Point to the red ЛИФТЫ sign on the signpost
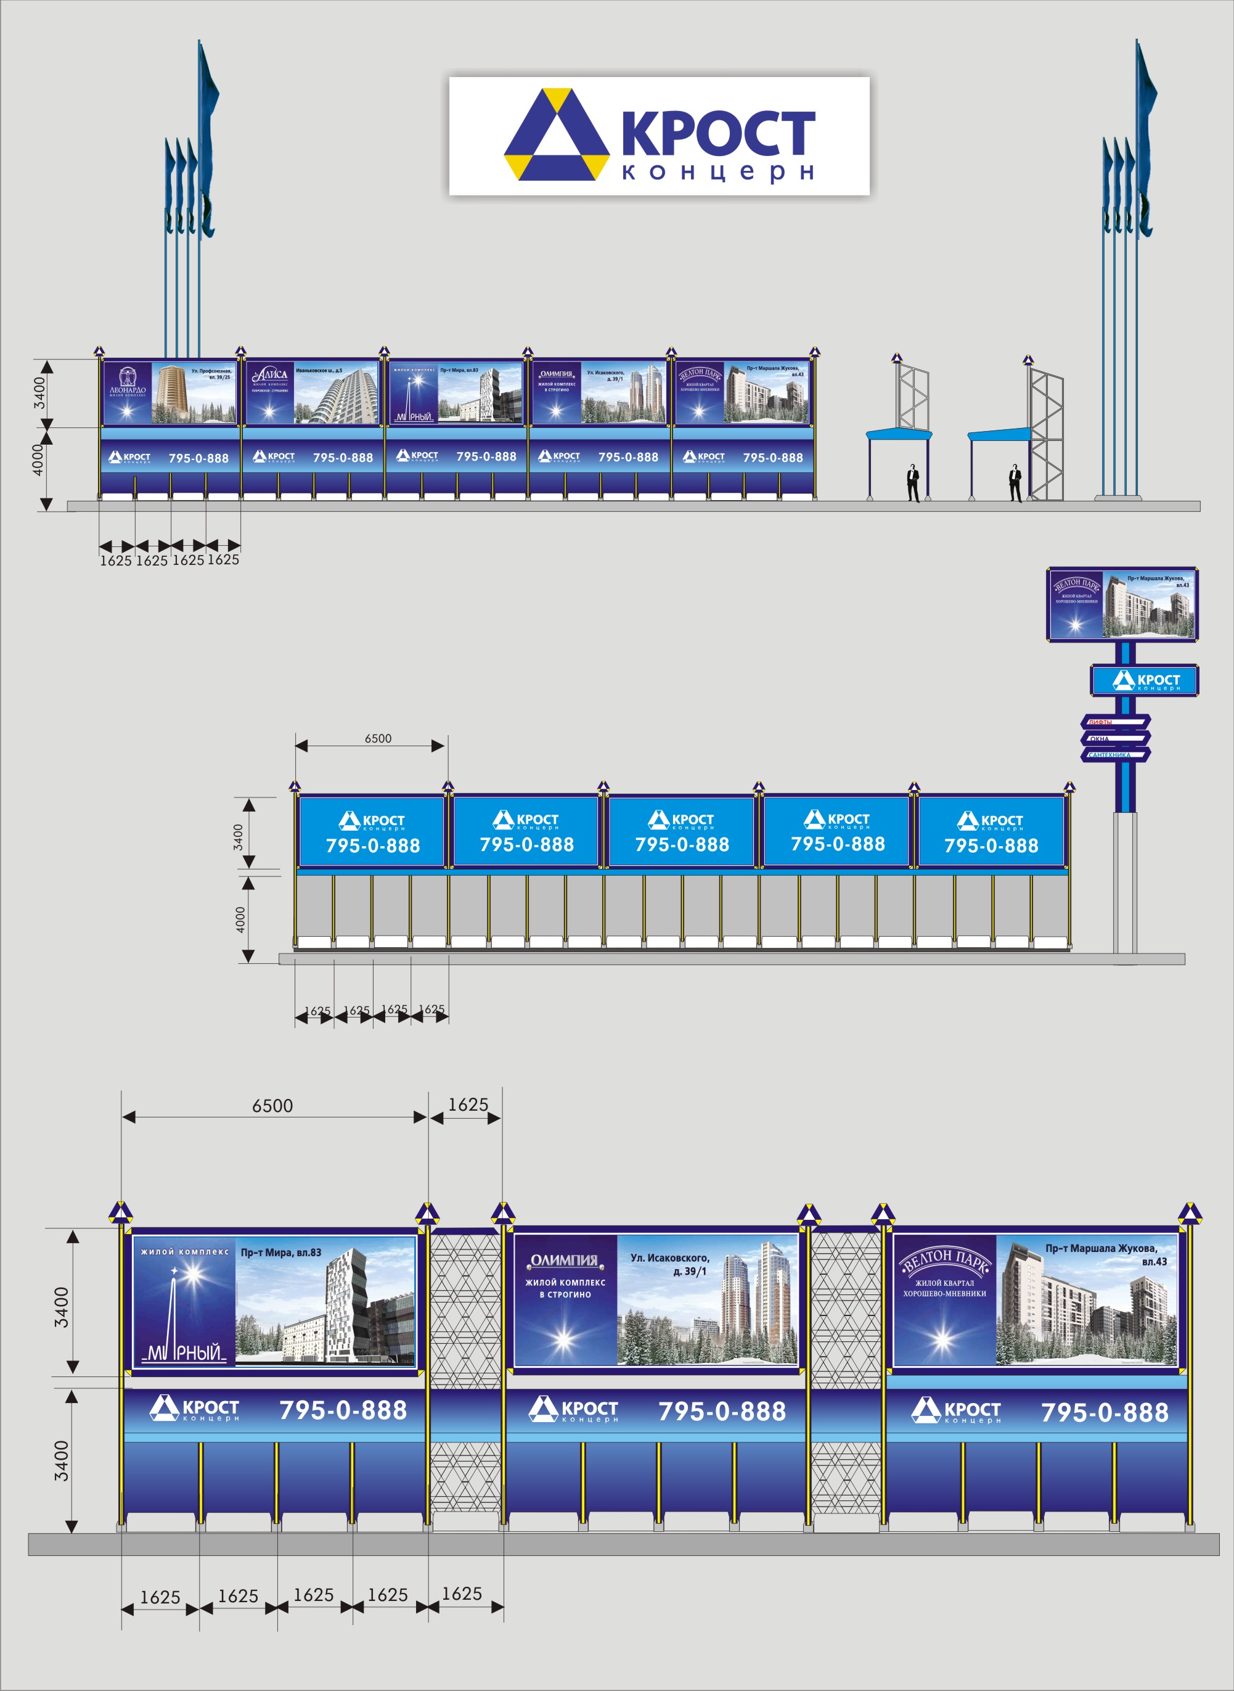(x=1100, y=722)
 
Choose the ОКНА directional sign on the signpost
(x=1100, y=738)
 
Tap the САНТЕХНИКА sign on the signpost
(x=1109, y=755)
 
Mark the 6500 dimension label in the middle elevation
(x=378, y=738)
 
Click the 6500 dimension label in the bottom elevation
(x=272, y=1106)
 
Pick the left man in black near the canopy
(x=913, y=483)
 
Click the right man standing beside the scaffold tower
(x=1015, y=483)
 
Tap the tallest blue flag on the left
(x=207, y=134)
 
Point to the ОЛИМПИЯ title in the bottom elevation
(x=565, y=1261)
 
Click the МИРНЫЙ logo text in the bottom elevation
(x=184, y=1352)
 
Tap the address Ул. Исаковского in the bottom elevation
(x=670, y=1258)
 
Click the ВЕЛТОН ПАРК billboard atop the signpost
(x=1121, y=604)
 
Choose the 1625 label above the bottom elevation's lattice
(x=468, y=1105)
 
